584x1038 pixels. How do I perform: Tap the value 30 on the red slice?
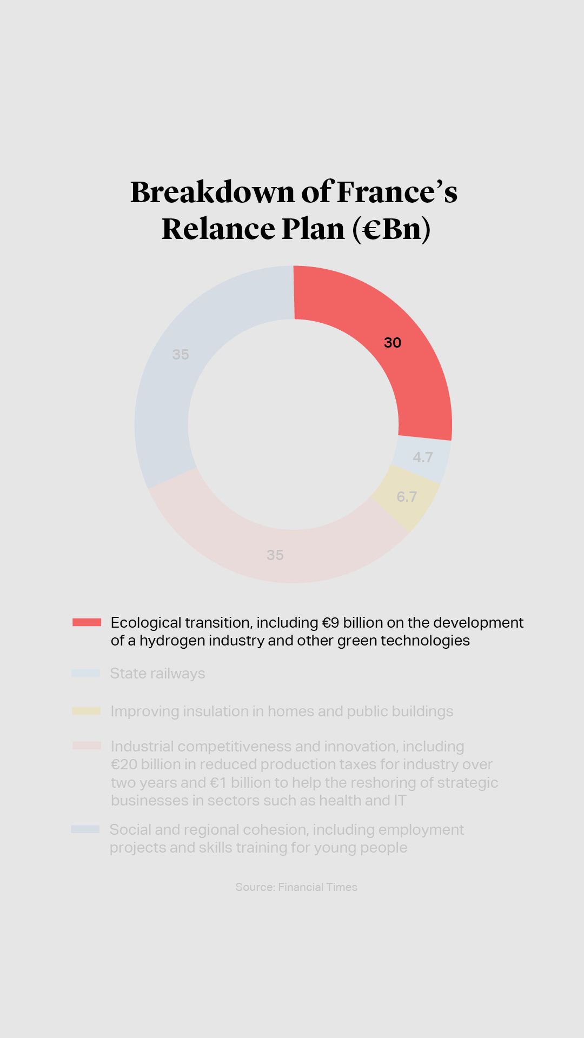pyautogui.click(x=393, y=343)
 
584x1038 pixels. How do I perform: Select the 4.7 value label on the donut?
pyautogui.click(x=422, y=457)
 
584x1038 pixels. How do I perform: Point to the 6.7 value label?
pyautogui.click(x=407, y=497)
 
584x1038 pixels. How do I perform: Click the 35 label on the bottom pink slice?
pyautogui.click(x=275, y=555)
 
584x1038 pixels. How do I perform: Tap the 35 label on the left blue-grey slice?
pyautogui.click(x=181, y=355)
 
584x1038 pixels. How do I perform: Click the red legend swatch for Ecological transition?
pyautogui.click(x=87, y=622)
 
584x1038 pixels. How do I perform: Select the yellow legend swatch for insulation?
pyautogui.click(x=87, y=711)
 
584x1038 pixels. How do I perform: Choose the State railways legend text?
pyautogui.click(x=157, y=674)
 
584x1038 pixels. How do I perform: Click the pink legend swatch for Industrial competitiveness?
pyautogui.click(x=87, y=746)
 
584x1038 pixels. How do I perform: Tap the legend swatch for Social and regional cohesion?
pyautogui.click(x=85, y=829)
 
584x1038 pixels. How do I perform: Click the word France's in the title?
pyautogui.click(x=397, y=192)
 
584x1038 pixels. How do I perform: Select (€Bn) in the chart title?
pyautogui.click(x=391, y=229)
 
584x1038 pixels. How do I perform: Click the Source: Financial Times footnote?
pyautogui.click(x=296, y=887)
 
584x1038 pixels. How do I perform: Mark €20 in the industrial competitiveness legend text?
pyautogui.click(x=124, y=764)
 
